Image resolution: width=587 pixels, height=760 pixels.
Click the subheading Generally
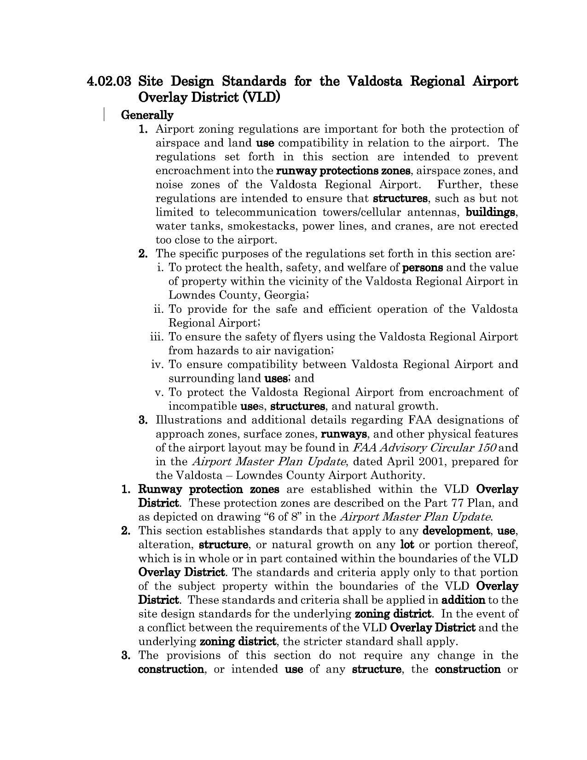[x=147, y=115]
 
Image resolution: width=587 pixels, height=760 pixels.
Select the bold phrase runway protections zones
[x=343, y=171]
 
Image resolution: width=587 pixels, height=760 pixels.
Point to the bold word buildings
[x=490, y=212]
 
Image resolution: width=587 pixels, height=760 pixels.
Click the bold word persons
[x=422, y=268]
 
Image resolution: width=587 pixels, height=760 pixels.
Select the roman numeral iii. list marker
[x=157, y=337]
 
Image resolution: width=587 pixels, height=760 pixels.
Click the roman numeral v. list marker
[x=160, y=392]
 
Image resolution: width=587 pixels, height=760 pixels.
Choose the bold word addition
[x=463, y=600]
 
